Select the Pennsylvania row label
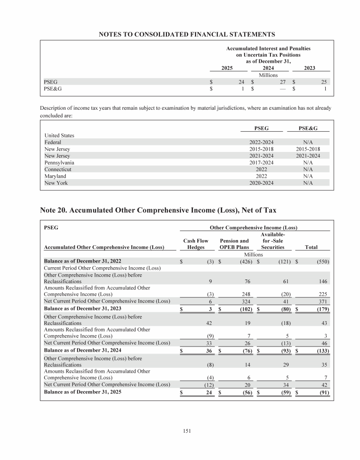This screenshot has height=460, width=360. click(x=59, y=163)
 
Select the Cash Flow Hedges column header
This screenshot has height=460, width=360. click(x=195, y=244)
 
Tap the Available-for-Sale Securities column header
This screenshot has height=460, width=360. click(x=273, y=241)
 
